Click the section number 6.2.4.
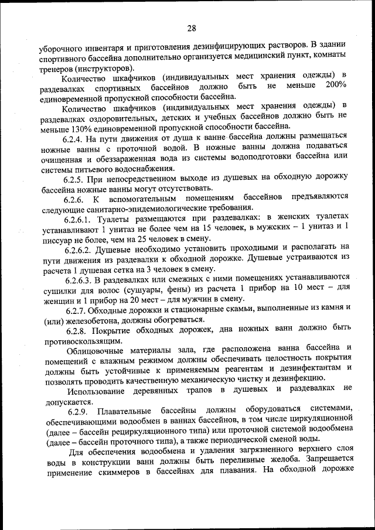coord(73,139)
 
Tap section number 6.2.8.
coord(73,331)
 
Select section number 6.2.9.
coord(73,408)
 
